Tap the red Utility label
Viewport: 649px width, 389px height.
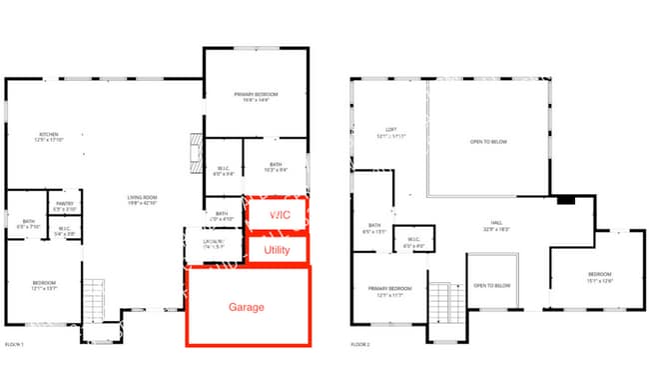tap(276, 249)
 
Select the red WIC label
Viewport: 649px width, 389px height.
tap(276, 214)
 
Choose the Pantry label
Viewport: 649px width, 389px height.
tap(65, 206)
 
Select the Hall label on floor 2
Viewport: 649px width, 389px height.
tap(495, 227)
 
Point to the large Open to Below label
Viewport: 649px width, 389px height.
tap(488, 142)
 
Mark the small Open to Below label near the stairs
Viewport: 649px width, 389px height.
tap(492, 286)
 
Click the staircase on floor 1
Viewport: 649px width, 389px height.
tap(93, 298)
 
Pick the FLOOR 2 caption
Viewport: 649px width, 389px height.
tap(360, 343)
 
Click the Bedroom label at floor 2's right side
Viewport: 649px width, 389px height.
tap(598, 275)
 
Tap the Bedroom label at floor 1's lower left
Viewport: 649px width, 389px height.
tap(43, 283)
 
